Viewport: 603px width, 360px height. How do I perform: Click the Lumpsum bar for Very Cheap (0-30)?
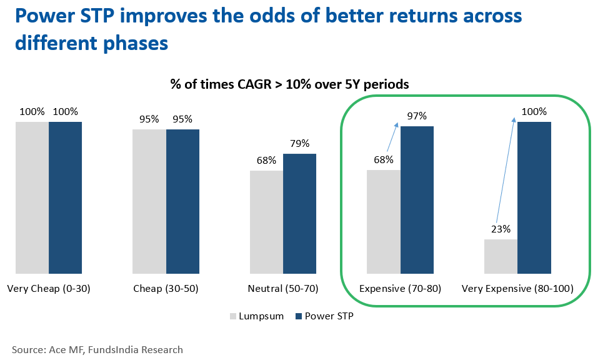coord(32,197)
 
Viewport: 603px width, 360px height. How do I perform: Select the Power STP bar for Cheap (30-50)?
coord(182,201)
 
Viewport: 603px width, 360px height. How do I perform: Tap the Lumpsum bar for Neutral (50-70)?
coord(266,222)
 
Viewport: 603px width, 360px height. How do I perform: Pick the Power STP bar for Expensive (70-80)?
coord(417,200)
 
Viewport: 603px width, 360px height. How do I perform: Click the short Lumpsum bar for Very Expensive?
coord(501,256)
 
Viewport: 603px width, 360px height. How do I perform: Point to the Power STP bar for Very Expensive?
coord(534,197)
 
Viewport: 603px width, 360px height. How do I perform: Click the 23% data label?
coord(501,229)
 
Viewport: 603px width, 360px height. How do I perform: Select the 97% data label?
coord(417,116)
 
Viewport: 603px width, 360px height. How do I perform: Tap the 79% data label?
coord(300,143)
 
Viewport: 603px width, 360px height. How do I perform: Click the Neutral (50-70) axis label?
coord(282,289)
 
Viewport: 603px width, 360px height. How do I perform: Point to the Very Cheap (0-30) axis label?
coord(49,289)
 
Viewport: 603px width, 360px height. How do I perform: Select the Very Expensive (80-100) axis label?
coord(517,289)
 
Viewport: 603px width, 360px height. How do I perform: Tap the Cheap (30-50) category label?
coord(166,289)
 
